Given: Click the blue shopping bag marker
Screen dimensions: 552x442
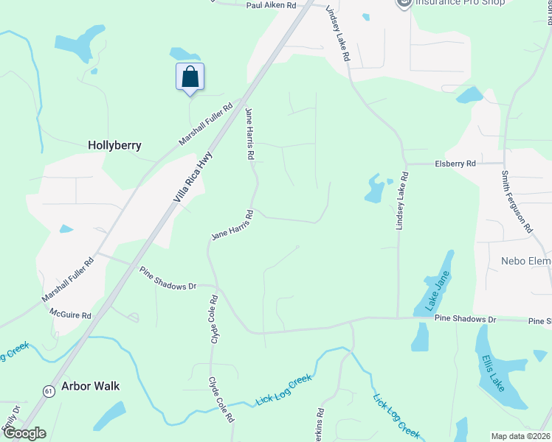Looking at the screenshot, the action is [x=190, y=77].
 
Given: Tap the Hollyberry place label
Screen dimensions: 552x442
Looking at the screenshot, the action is [x=114, y=145].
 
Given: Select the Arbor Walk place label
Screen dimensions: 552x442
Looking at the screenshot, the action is [x=90, y=386].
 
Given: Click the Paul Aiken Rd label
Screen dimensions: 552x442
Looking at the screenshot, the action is [x=271, y=5].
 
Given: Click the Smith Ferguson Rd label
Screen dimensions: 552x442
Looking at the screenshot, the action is [x=517, y=202].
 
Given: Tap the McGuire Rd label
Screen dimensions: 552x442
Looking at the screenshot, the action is [x=70, y=315].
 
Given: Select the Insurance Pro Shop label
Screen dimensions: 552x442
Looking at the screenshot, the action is [x=460, y=3].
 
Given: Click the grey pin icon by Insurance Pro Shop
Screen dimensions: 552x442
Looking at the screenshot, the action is [x=403, y=3].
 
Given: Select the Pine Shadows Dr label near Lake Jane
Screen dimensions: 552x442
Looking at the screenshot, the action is [x=466, y=319].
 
